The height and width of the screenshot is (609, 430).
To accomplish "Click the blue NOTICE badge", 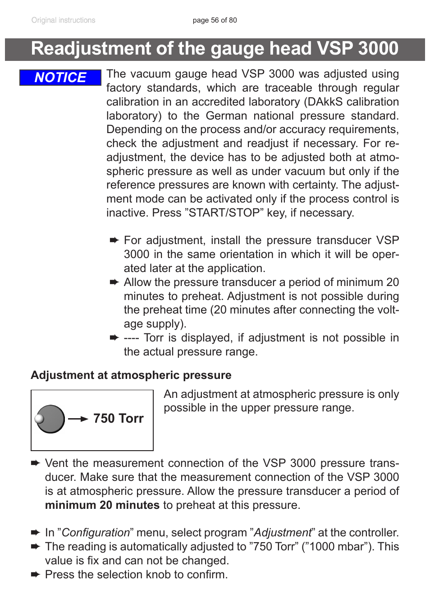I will (60, 78).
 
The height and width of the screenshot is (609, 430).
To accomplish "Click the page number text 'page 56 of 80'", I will (215, 20).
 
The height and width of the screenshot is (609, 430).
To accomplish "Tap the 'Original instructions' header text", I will (63, 20).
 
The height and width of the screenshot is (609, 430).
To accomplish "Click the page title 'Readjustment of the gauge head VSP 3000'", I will (215, 49).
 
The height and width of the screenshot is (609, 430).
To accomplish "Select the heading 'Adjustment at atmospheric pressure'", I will (131, 375).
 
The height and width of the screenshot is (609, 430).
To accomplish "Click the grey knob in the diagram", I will (51, 419).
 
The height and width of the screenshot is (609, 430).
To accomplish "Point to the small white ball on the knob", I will (40, 419).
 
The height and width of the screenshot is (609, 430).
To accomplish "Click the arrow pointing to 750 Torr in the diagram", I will (78, 419).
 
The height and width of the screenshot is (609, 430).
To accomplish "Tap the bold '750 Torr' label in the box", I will (118, 419).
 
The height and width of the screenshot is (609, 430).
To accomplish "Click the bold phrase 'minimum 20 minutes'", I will (102, 505).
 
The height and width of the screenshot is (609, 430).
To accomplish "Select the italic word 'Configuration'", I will (96, 533).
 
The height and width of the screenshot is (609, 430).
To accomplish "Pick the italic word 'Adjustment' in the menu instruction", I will (283, 533).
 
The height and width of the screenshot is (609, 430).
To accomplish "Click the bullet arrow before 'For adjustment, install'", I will (114, 240).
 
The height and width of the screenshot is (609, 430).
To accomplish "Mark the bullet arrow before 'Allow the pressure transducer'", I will (114, 282).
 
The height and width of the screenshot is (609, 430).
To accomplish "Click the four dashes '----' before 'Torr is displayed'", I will (131, 338).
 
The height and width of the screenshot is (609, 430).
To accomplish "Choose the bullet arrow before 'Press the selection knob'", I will (35, 575).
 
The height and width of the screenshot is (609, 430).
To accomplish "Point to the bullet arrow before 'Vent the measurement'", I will (35, 463).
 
